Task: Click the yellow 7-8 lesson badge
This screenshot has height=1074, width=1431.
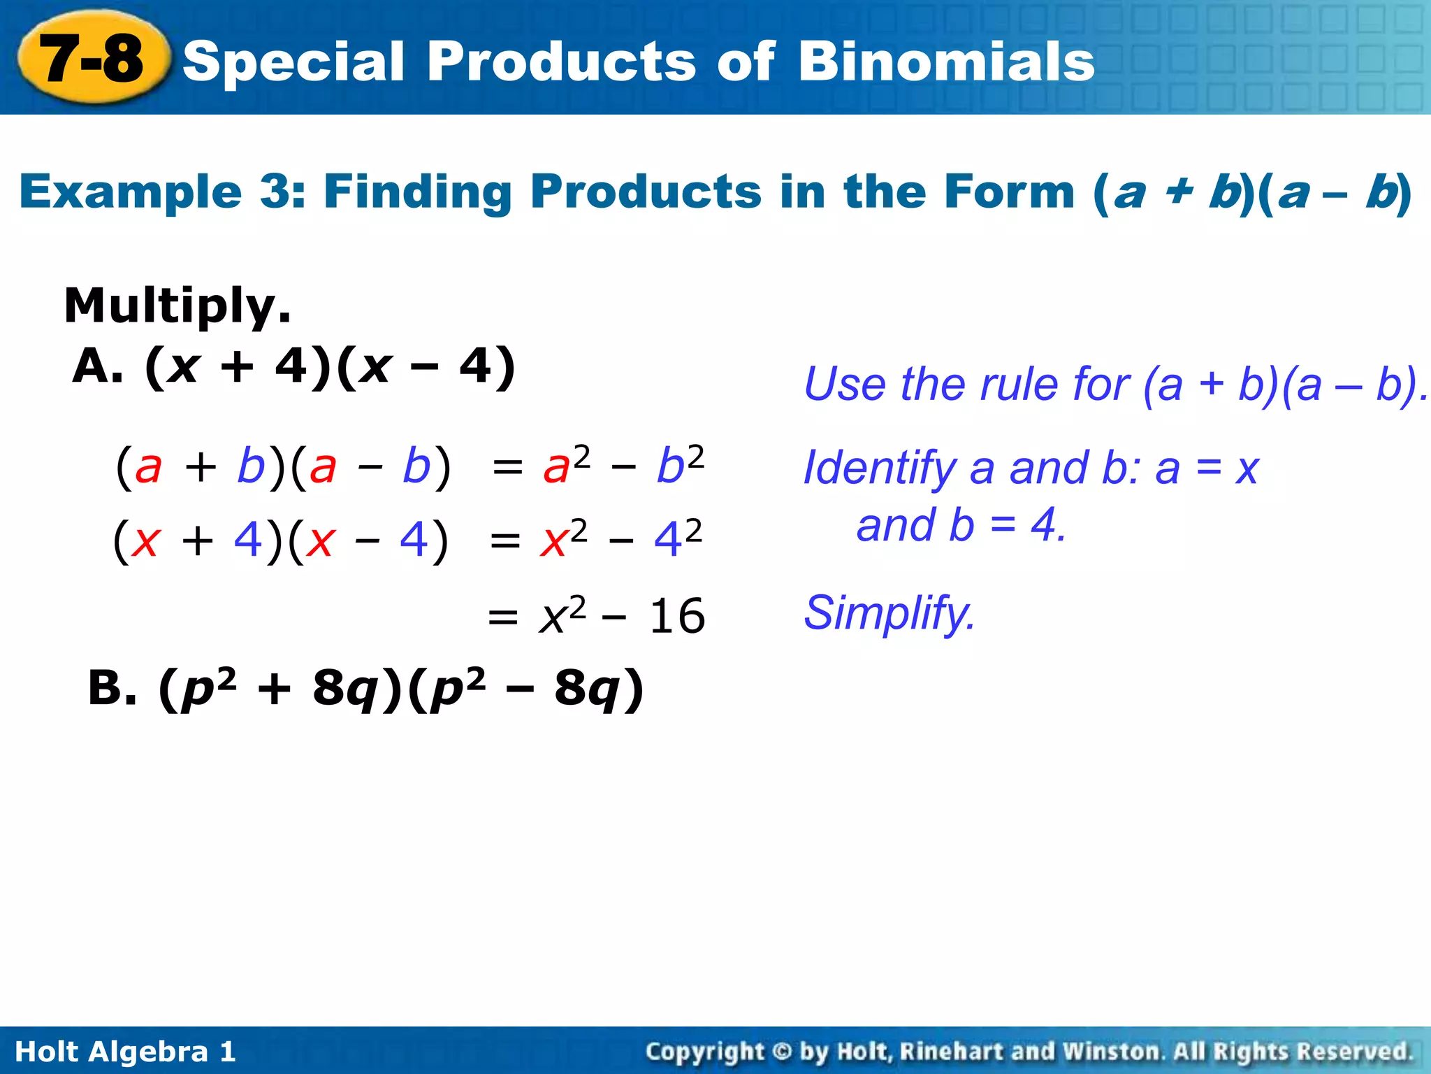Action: coord(92,59)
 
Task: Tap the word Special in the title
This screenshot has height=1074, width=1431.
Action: coord(293,62)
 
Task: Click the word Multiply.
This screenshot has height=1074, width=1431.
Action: coord(177,306)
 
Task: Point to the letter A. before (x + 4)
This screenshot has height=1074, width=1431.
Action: coord(98,366)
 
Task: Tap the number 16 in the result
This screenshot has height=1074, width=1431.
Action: coord(676,617)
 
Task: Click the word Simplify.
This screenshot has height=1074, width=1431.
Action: coord(889,613)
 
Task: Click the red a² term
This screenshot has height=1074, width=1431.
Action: coord(566,465)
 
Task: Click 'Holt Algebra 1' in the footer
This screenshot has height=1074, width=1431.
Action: coord(125,1052)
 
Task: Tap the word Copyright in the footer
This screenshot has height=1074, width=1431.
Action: coord(704,1052)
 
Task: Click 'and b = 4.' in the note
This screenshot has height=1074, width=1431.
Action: coord(961,526)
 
